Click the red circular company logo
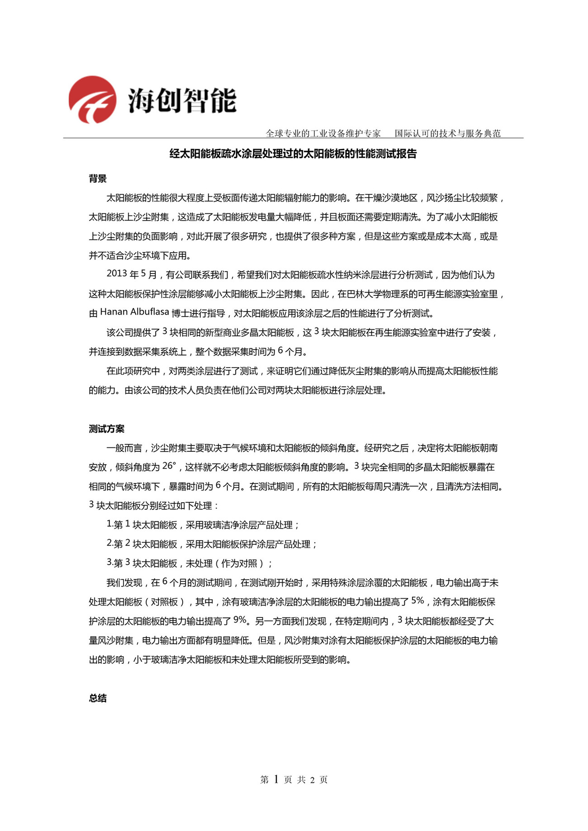(x=92, y=99)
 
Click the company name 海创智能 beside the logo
(x=182, y=100)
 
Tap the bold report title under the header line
(x=293, y=154)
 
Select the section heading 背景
(x=98, y=179)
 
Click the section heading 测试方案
(x=106, y=429)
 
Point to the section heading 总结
(x=98, y=698)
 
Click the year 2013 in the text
(x=116, y=274)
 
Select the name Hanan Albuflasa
(x=134, y=312)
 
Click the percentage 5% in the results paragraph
(x=417, y=601)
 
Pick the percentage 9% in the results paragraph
(x=240, y=620)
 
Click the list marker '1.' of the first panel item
(x=109, y=524)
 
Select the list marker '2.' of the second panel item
(x=109, y=543)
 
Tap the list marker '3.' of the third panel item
(x=109, y=562)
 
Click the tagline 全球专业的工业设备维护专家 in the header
(x=323, y=133)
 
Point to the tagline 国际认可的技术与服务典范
(x=447, y=133)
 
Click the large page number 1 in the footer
(x=276, y=779)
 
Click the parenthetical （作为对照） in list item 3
(x=242, y=563)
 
